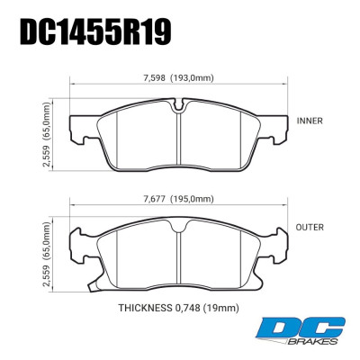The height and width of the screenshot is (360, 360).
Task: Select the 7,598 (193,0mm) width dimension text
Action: [x=180, y=75]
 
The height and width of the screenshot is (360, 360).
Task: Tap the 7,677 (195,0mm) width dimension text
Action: [x=180, y=199]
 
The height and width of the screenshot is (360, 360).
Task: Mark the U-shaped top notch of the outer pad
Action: [x=180, y=229]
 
